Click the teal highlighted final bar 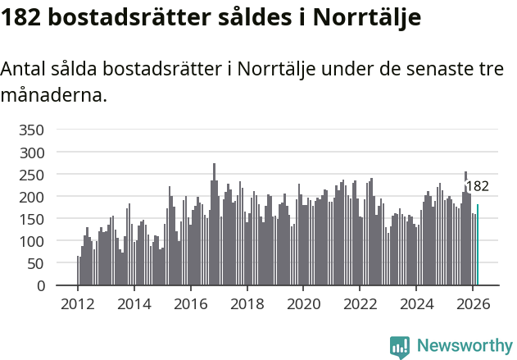click(x=478, y=245)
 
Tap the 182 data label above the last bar click(x=477, y=186)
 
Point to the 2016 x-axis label click(x=191, y=303)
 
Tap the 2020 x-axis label click(x=303, y=303)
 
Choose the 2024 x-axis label click(x=416, y=303)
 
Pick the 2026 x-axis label click(x=473, y=303)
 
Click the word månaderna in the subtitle click(x=54, y=95)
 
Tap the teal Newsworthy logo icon click(x=400, y=347)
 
